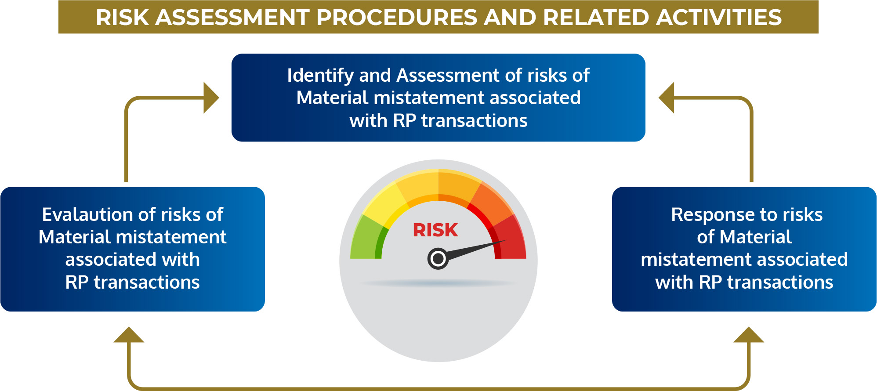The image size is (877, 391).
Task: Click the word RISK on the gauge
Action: tap(435, 230)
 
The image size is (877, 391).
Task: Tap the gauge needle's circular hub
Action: tap(438, 259)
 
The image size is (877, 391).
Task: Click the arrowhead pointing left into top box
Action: tap(666, 98)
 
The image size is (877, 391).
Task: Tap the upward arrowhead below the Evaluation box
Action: tap(129, 335)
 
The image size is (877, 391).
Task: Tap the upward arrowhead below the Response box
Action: tap(749, 335)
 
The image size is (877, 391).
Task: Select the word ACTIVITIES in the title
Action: tap(719, 18)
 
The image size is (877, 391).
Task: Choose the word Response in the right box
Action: tap(713, 215)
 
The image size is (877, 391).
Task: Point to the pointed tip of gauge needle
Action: tap(506, 240)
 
